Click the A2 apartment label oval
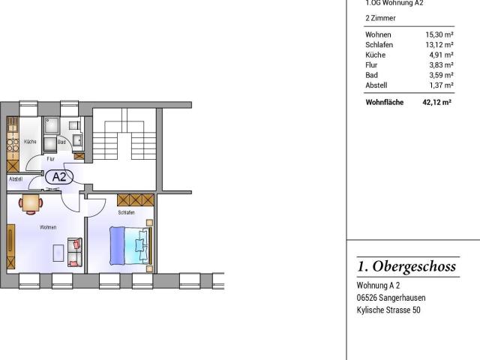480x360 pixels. (x=59, y=178)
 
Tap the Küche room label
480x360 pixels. (x=30, y=142)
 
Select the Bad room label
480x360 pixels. (x=61, y=142)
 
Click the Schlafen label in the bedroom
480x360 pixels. (x=126, y=213)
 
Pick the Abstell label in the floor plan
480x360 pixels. (x=16, y=179)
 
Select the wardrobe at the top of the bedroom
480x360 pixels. (x=135, y=199)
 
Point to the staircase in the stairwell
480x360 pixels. (x=124, y=139)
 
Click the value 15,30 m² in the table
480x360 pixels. (x=438, y=35)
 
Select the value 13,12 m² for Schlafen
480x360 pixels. (x=438, y=45)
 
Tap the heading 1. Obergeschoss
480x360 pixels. (x=406, y=267)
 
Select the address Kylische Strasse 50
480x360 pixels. (x=388, y=310)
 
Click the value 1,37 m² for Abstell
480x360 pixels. (x=440, y=85)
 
